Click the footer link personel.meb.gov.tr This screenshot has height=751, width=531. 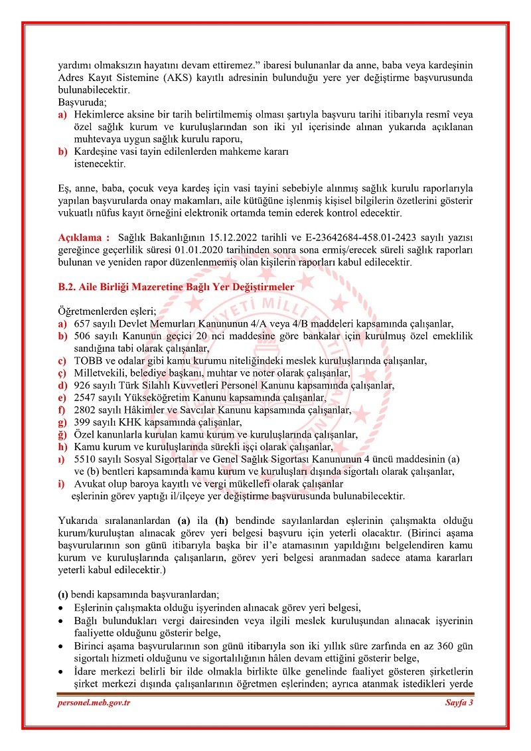93,703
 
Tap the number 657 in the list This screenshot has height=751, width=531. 82,324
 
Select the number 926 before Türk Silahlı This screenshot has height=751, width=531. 82,385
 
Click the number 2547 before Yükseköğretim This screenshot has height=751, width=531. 85,398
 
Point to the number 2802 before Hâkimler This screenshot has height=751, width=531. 85,410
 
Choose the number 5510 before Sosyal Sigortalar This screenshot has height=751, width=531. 85,459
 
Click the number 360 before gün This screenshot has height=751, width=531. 432,646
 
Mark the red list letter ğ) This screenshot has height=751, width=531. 62,434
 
